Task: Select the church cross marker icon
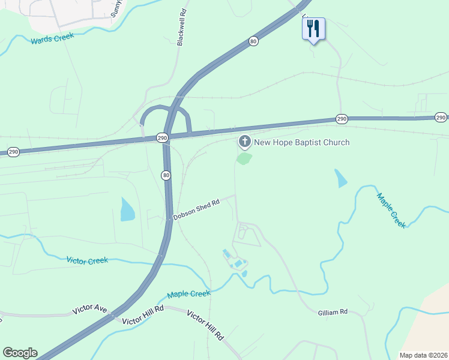pyautogui.click(x=244, y=142)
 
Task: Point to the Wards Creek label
pyautogui.click(x=52, y=38)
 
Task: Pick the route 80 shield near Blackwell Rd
pyautogui.click(x=254, y=41)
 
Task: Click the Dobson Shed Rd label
pyautogui.click(x=197, y=209)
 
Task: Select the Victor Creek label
pyautogui.click(x=87, y=260)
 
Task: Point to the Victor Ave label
pyautogui.click(x=89, y=310)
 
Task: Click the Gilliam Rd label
pyautogui.click(x=333, y=312)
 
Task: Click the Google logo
pyautogui.click(x=20, y=353)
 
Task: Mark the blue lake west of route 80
pyautogui.click(x=127, y=209)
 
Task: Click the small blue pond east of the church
pyautogui.click(x=340, y=178)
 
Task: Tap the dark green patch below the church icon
pyautogui.click(x=244, y=158)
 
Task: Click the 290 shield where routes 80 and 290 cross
pyautogui.click(x=162, y=138)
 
